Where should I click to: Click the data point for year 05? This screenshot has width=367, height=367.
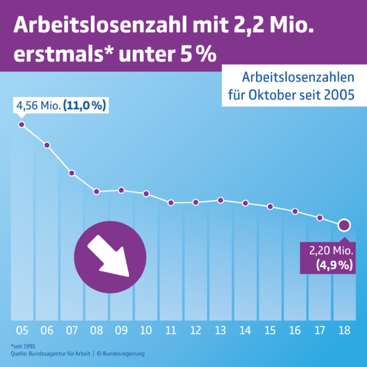pyautogui.click(x=22, y=124)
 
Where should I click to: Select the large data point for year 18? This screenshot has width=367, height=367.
pyautogui.click(x=344, y=225)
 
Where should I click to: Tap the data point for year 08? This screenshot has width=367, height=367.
pyautogui.click(x=97, y=192)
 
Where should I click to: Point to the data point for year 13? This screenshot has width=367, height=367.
pyautogui.click(x=221, y=200)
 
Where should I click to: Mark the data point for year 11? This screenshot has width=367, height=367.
pyautogui.click(x=171, y=203)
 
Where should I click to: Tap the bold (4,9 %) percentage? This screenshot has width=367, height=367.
pyautogui.click(x=334, y=265)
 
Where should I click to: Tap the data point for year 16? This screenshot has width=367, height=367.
pyautogui.click(x=295, y=211)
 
